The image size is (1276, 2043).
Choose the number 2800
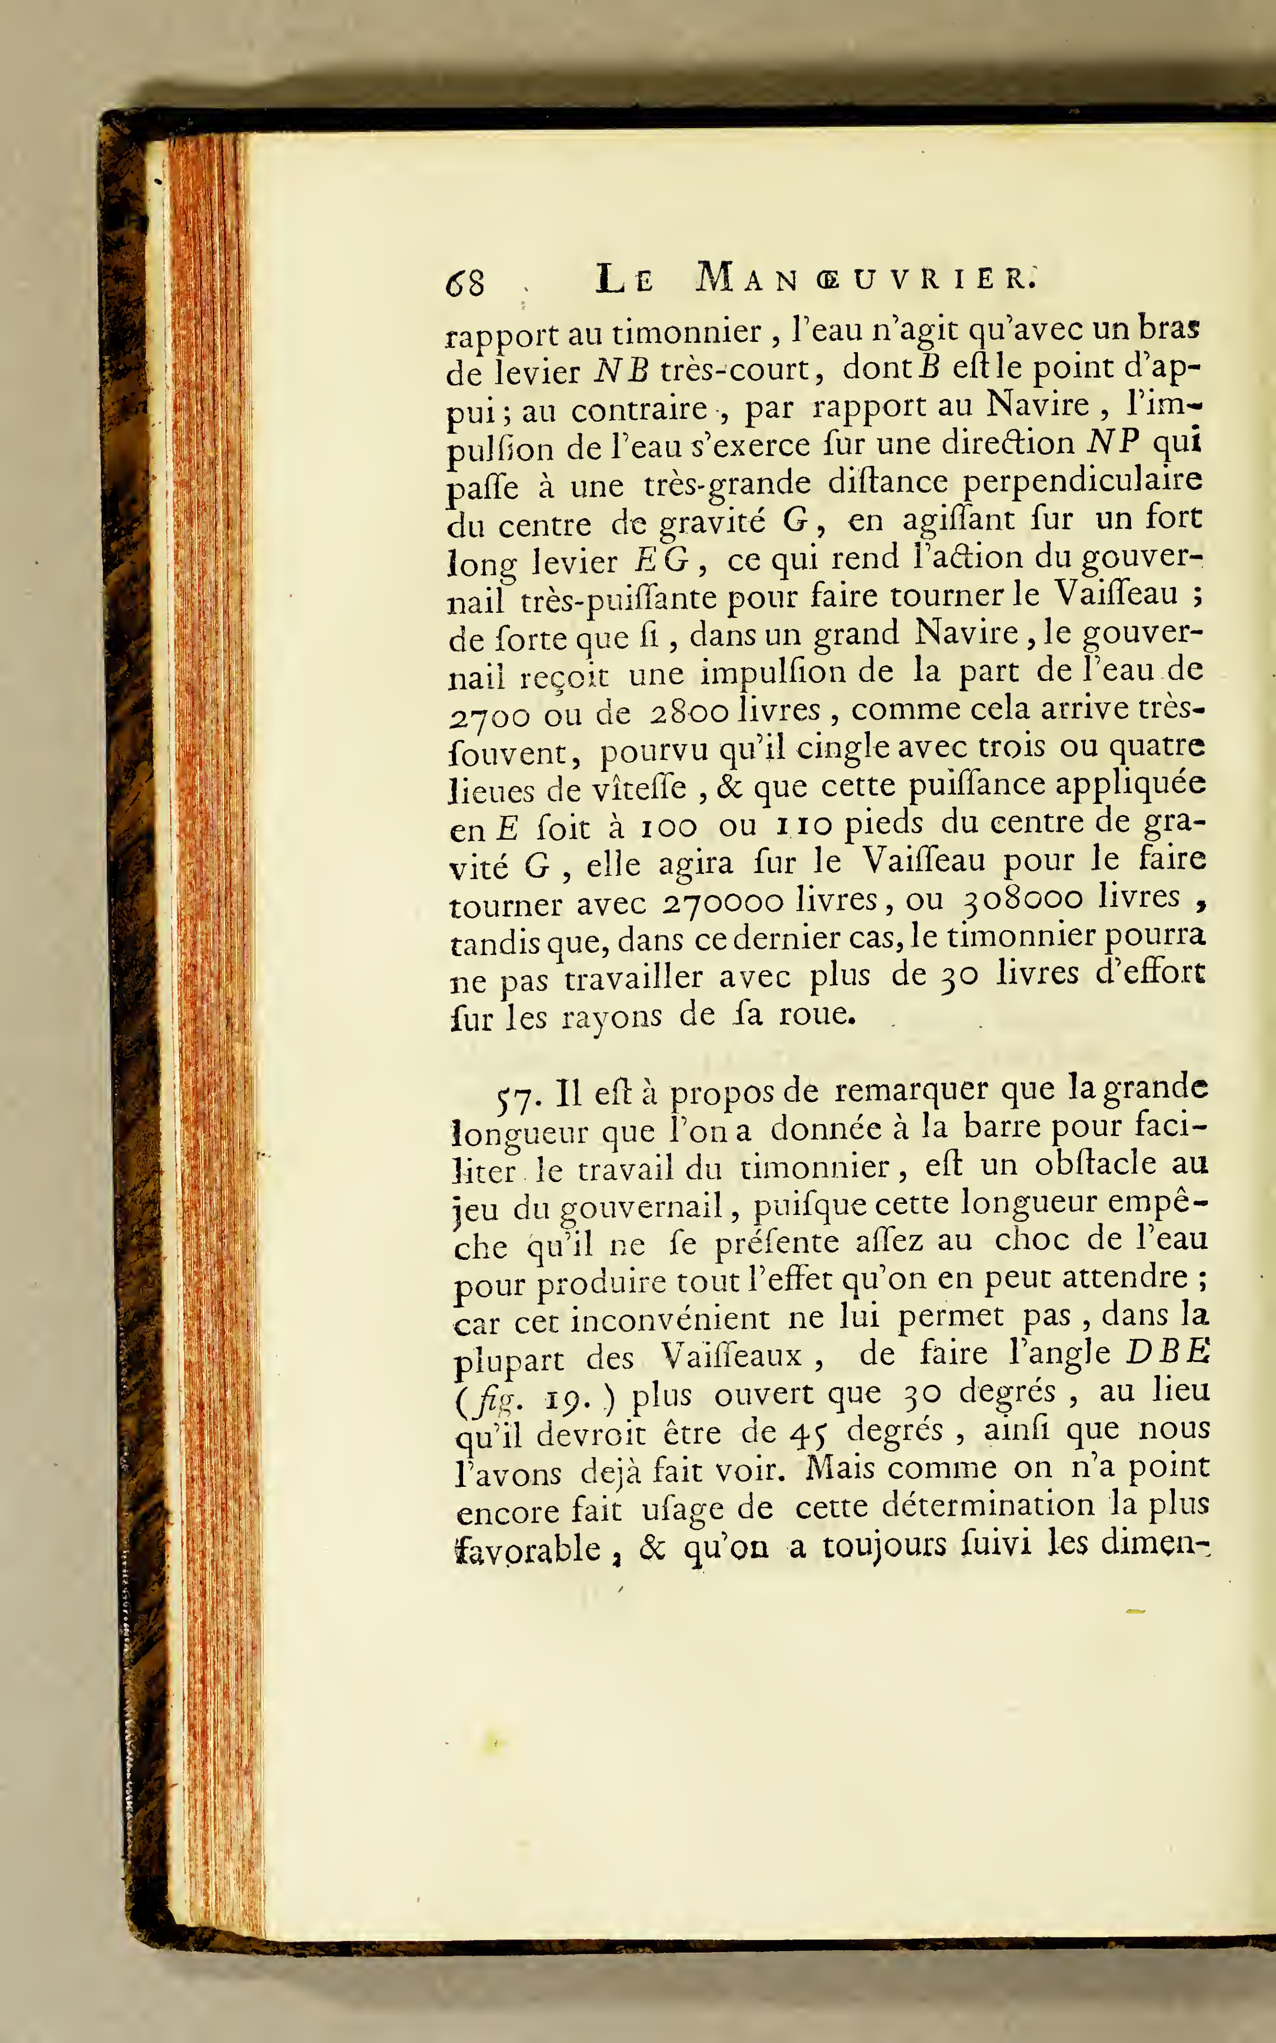[690, 711]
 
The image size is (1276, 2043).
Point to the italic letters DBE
[1168, 1352]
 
